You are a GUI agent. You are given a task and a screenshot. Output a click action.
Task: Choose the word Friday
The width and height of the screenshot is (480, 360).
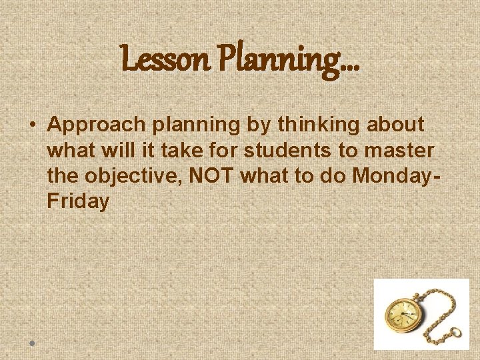(x=78, y=201)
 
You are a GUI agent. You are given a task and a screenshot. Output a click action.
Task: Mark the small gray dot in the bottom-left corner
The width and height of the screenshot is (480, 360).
(x=31, y=343)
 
